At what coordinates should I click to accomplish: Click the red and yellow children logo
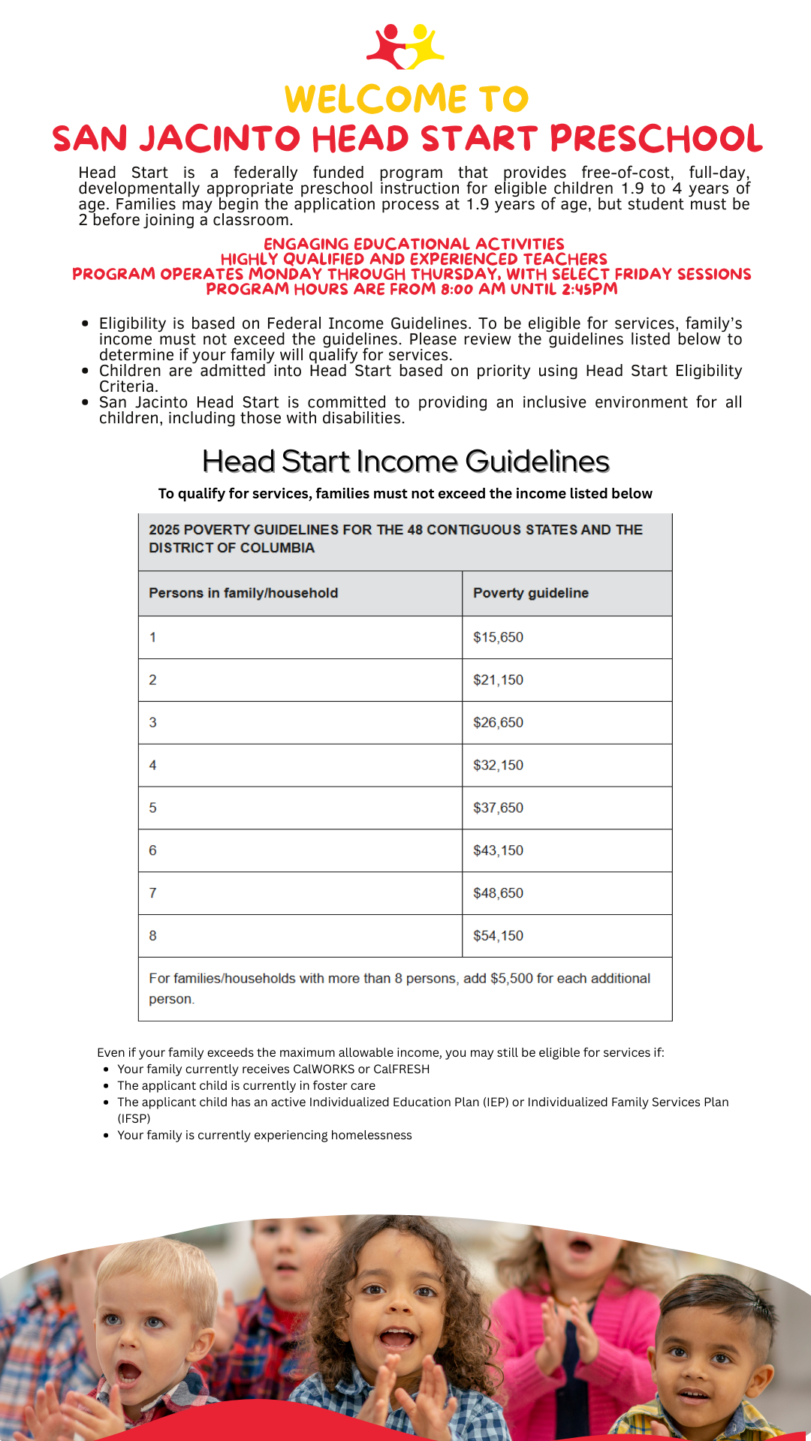tap(405, 47)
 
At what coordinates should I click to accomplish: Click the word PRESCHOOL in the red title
tap(656, 139)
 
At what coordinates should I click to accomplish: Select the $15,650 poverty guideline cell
tap(498, 637)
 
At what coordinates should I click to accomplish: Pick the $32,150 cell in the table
tap(498, 766)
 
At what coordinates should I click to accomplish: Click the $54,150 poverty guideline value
tap(498, 936)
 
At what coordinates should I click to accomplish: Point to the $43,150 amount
tap(498, 850)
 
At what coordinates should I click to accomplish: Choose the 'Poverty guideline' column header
tap(530, 593)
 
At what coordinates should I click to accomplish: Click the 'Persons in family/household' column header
tap(243, 593)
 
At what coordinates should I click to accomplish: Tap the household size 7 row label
tap(153, 893)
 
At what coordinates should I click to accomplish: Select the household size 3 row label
tap(153, 723)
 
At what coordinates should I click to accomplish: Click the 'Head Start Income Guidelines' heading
tap(405, 462)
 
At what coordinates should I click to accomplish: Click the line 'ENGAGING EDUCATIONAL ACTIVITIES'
tap(414, 244)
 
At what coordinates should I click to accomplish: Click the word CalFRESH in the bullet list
tap(401, 1069)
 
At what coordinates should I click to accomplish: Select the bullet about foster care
tap(246, 1085)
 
